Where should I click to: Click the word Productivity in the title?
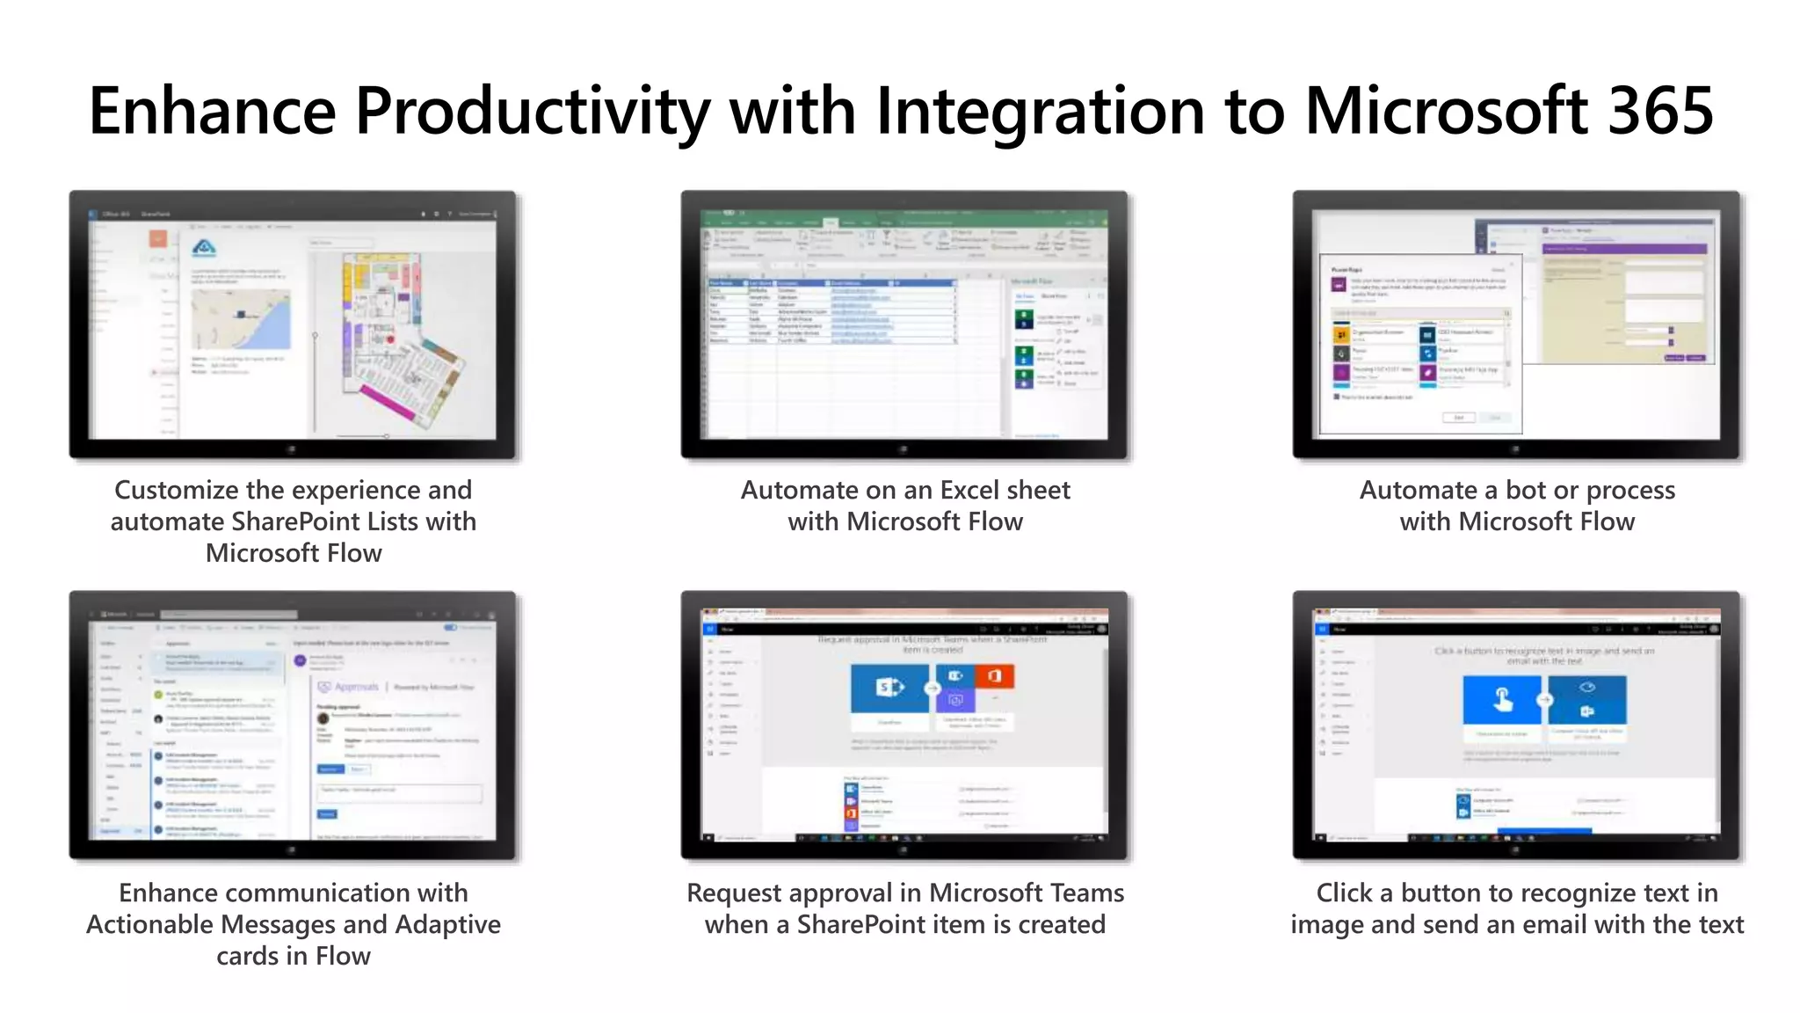point(531,112)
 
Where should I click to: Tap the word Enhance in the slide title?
point(212,112)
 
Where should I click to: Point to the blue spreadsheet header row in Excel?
point(831,283)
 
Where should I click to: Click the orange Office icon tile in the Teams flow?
point(994,675)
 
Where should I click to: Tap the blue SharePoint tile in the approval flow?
point(889,688)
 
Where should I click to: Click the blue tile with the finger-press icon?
point(1501,700)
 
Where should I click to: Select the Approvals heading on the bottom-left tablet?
point(355,687)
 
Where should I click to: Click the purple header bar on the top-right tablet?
point(1623,249)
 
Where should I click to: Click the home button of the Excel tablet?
point(903,449)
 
